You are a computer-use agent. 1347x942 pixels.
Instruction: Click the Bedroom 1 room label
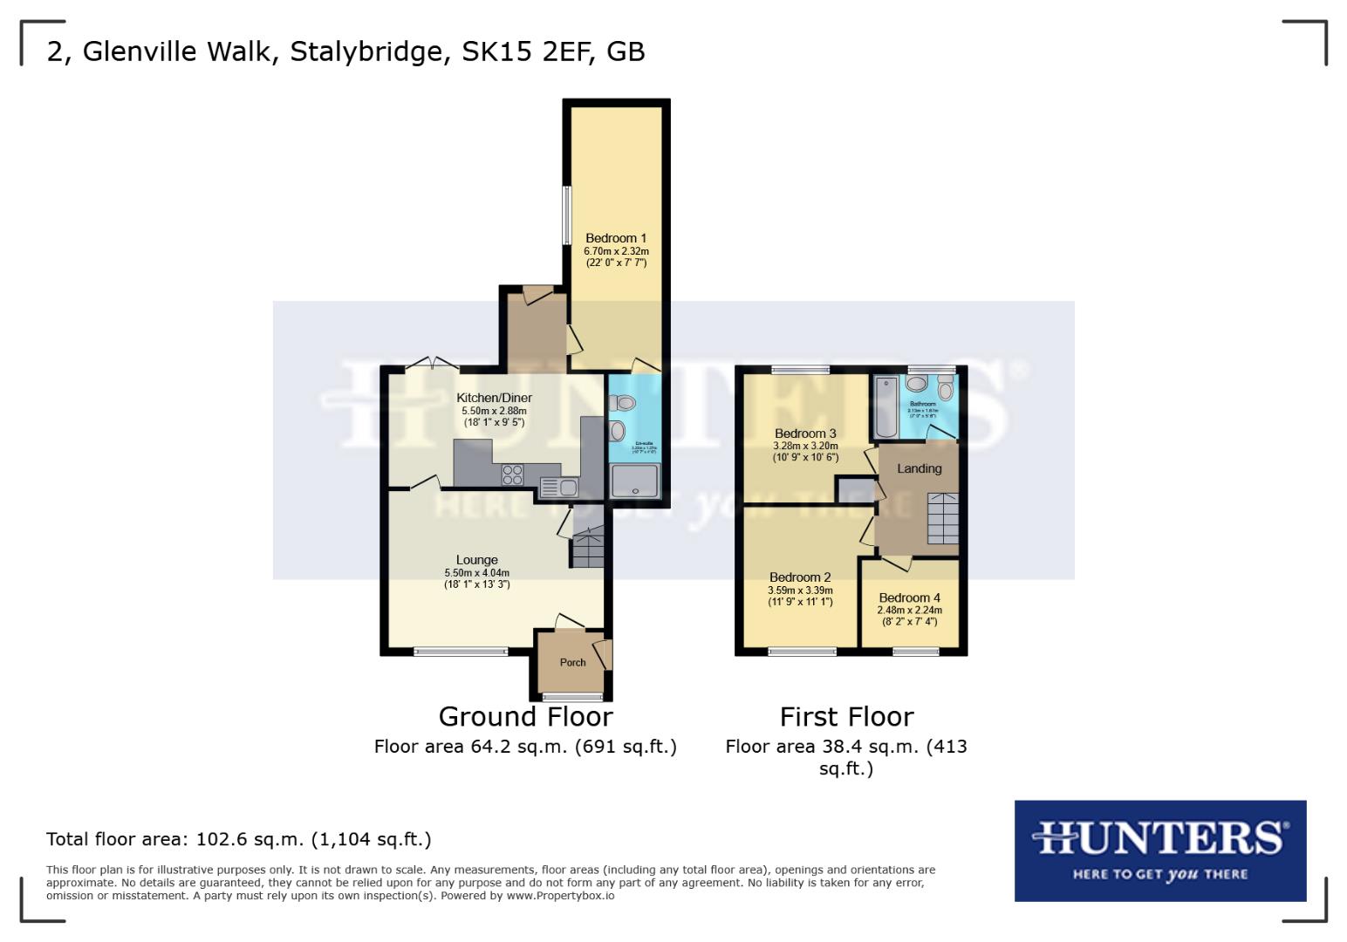pyautogui.click(x=616, y=238)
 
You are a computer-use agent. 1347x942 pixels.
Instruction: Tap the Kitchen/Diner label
pyautogui.click(x=494, y=398)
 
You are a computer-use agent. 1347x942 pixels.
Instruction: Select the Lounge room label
pyautogui.click(x=476, y=560)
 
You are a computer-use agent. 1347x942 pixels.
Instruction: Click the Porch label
pyautogui.click(x=572, y=662)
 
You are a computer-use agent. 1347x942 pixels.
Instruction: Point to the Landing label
pyautogui.click(x=919, y=468)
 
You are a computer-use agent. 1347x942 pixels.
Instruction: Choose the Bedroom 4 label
pyautogui.click(x=909, y=598)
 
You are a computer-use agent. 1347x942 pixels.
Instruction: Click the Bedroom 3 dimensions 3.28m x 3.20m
pyautogui.click(x=804, y=446)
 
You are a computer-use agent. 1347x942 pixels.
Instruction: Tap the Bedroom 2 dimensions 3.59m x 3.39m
pyautogui.click(x=800, y=590)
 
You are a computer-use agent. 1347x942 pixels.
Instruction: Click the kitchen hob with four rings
pyautogui.click(x=512, y=474)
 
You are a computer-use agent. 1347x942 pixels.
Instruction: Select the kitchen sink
pyautogui.click(x=559, y=487)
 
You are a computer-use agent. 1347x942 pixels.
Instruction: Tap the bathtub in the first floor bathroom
pyautogui.click(x=885, y=406)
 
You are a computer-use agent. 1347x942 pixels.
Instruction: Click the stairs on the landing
pyautogui.click(x=942, y=518)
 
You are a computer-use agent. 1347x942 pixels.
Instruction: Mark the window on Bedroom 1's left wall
pyautogui.click(x=566, y=215)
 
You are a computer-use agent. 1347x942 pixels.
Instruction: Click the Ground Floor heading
pyautogui.click(x=525, y=717)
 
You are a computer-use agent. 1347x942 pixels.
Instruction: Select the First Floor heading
pyautogui.click(x=846, y=717)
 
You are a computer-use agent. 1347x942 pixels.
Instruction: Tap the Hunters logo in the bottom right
pyautogui.click(x=1159, y=850)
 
